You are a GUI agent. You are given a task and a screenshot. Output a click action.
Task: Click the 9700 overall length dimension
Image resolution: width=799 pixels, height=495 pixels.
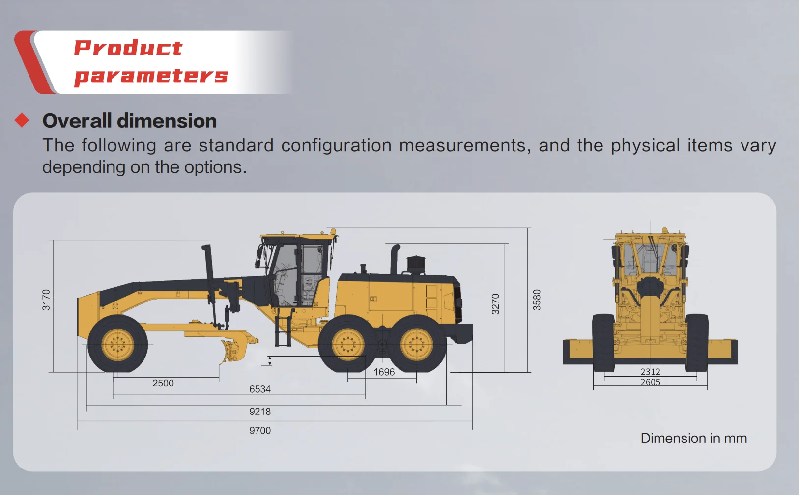click(x=260, y=431)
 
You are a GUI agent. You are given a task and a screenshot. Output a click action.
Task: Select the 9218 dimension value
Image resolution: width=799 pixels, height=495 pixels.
click(x=260, y=412)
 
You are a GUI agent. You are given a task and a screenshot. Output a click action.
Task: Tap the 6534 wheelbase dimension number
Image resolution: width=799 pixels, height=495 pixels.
click(x=260, y=389)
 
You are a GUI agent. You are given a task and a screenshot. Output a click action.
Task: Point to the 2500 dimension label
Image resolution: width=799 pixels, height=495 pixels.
click(x=163, y=383)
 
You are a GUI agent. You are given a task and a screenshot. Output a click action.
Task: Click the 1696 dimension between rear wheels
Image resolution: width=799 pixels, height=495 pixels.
click(x=384, y=372)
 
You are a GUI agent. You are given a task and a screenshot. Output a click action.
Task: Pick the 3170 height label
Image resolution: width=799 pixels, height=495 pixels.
click(x=46, y=300)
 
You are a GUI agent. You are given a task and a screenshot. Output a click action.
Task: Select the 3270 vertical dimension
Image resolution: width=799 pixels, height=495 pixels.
click(x=495, y=304)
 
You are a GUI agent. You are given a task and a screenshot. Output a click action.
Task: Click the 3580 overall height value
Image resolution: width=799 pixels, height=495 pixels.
click(x=537, y=300)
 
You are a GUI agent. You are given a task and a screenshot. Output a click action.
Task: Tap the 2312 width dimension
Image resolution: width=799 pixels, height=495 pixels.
click(x=650, y=372)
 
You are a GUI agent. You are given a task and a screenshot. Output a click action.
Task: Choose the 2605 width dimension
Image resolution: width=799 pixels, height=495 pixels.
click(x=650, y=382)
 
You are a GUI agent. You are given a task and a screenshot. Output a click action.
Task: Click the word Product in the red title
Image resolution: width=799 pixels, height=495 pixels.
click(x=128, y=48)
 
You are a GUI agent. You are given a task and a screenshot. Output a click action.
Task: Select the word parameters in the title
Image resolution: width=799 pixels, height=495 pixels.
click(x=151, y=76)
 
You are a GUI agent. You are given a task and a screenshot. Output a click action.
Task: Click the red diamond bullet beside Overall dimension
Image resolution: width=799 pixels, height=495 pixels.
click(x=22, y=120)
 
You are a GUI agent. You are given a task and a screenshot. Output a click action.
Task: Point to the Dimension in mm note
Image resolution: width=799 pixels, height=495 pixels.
click(x=693, y=438)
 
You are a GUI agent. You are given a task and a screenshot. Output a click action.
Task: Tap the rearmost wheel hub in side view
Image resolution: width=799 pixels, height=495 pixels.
click(x=417, y=344)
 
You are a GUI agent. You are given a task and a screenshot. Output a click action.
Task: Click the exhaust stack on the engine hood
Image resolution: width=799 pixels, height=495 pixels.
click(x=394, y=259)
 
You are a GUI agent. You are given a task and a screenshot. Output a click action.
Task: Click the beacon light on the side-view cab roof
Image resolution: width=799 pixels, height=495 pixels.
click(x=333, y=231)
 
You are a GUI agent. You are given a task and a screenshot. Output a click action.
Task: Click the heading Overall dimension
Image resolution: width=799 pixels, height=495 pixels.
click(x=129, y=121)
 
